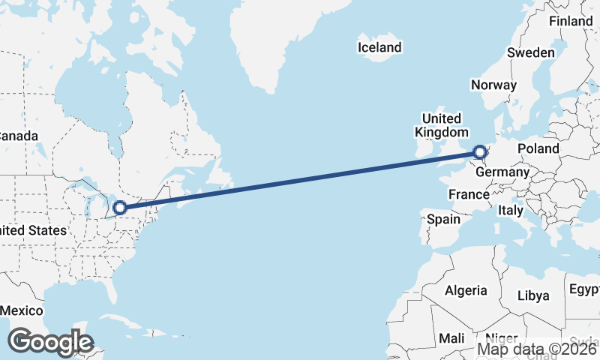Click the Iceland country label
pos(379,47)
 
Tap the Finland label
pos(570,22)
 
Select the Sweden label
pos(530,52)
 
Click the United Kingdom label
pos(441,125)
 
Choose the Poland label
pos(538,148)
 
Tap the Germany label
pos(502,172)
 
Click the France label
pos(469,194)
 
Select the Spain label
pos(443,220)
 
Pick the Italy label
pos(511,211)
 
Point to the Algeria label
pos(466,290)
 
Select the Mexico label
pos(21,310)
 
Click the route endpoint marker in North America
pos(119,207)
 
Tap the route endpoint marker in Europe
pos(480,153)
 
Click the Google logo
pos(50,342)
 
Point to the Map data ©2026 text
pos(537,349)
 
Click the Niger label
pos(501,338)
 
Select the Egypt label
pos(584,289)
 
